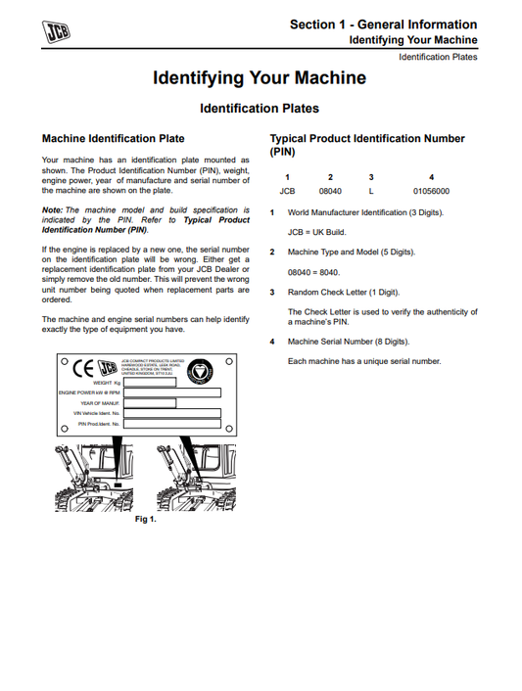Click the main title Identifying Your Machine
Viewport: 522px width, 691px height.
coord(260,77)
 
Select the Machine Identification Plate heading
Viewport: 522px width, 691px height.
coord(113,139)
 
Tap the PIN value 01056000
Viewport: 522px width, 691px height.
coord(431,191)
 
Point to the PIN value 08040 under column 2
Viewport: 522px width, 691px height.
coord(330,191)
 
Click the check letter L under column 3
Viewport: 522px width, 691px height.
coord(371,191)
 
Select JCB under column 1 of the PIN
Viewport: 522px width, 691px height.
coord(287,191)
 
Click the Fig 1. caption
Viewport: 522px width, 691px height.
coord(145,519)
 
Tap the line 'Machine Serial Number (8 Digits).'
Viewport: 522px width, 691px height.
coord(349,342)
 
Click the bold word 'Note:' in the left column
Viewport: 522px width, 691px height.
coord(53,210)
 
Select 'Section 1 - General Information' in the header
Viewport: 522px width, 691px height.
coord(384,23)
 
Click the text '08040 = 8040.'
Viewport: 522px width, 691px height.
coord(312,271)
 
